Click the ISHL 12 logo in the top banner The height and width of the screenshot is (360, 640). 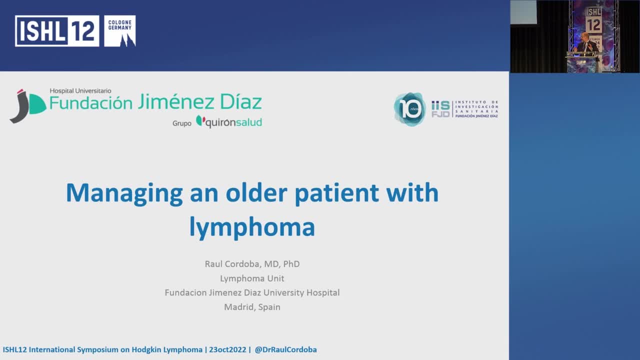[57, 31]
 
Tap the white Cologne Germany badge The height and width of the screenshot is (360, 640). [120, 31]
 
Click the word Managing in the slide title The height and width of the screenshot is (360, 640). [124, 193]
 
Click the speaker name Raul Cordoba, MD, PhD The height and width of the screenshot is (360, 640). [252, 264]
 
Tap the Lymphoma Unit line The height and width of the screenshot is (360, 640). [252, 278]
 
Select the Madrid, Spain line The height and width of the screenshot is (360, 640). [252, 307]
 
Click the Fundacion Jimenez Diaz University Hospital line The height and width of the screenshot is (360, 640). [252, 292]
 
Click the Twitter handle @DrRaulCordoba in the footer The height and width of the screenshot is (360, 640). [285, 350]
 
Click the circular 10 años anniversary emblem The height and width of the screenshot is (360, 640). [410, 109]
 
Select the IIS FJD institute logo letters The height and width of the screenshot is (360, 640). [440, 109]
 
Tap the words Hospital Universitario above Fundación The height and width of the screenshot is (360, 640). [80, 91]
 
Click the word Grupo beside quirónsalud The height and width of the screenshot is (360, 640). [182, 123]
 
